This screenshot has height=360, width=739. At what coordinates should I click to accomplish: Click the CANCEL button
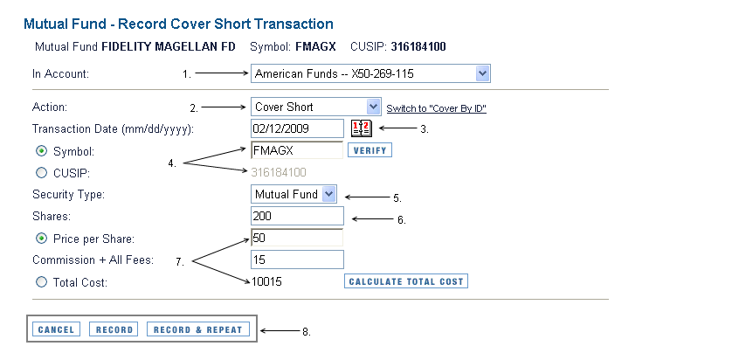pyautogui.click(x=56, y=329)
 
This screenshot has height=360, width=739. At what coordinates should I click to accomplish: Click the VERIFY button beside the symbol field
pyautogui.click(x=370, y=150)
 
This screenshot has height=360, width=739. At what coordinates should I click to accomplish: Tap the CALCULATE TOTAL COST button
pyautogui.click(x=406, y=281)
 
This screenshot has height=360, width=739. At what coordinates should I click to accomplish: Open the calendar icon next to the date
pyautogui.click(x=362, y=128)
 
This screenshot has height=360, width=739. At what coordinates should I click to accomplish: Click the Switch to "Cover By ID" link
pyautogui.click(x=437, y=109)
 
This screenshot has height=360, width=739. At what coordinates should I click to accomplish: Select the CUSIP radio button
pyautogui.click(x=41, y=173)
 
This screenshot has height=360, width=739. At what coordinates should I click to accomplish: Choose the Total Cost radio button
pyautogui.click(x=41, y=281)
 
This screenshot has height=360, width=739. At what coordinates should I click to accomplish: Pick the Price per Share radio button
pyautogui.click(x=41, y=239)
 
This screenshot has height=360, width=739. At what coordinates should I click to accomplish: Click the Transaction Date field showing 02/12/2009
pyautogui.click(x=297, y=128)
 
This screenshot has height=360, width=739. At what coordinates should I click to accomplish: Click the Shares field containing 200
pyautogui.click(x=297, y=216)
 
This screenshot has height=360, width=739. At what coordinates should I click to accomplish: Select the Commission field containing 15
pyautogui.click(x=297, y=260)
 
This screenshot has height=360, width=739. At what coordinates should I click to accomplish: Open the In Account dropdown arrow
pyautogui.click(x=481, y=73)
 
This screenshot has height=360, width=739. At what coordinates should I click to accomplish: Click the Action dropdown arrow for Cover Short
pyautogui.click(x=373, y=107)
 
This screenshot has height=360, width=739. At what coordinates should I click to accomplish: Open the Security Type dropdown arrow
pyautogui.click(x=329, y=194)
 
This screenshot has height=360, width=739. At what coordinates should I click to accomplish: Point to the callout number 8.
pyautogui.click(x=307, y=332)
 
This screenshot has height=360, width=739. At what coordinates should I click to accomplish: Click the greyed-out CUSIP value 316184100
pyautogui.click(x=279, y=172)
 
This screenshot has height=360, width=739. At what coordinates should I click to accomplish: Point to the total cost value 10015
pyautogui.click(x=266, y=281)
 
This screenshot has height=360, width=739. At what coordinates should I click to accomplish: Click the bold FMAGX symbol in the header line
pyautogui.click(x=315, y=46)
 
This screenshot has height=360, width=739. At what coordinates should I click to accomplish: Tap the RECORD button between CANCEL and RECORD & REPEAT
pyautogui.click(x=114, y=329)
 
